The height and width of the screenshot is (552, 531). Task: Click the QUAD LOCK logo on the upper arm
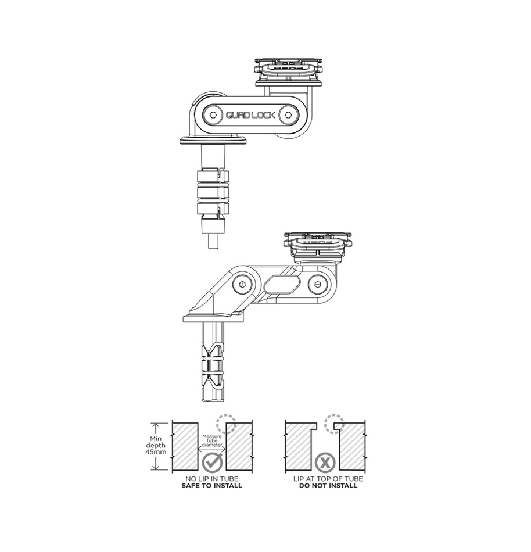point(251,114)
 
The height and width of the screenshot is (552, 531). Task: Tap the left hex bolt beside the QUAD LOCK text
point(213,114)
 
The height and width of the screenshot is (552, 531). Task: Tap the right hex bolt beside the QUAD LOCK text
point(288,114)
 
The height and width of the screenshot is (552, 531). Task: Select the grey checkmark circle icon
point(213,463)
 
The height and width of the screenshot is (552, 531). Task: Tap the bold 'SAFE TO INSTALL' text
point(213,486)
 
